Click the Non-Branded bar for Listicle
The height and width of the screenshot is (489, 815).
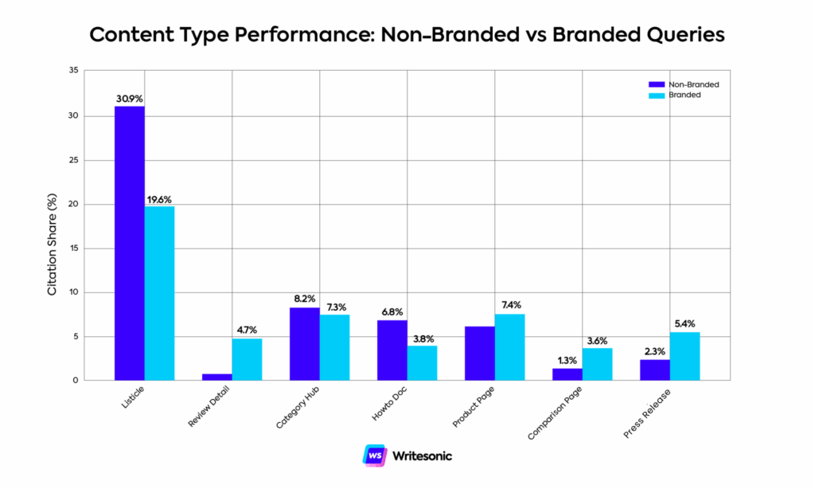[x=130, y=243]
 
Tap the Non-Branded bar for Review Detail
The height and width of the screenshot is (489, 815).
[x=217, y=377]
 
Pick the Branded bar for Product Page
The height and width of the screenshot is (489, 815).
[x=509, y=347]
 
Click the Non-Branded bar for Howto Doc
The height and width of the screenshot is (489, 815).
[x=392, y=350]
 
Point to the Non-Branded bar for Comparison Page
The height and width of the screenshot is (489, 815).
[x=567, y=374]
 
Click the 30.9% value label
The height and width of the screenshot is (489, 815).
[x=129, y=99]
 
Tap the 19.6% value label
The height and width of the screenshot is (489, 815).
[x=160, y=199]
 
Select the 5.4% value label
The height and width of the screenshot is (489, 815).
[x=684, y=324]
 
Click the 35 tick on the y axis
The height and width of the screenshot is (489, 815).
[x=73, y=71]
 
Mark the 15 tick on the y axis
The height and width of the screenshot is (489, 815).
[x=73, y=248]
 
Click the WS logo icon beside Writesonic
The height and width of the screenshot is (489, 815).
[x=374, y=456]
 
